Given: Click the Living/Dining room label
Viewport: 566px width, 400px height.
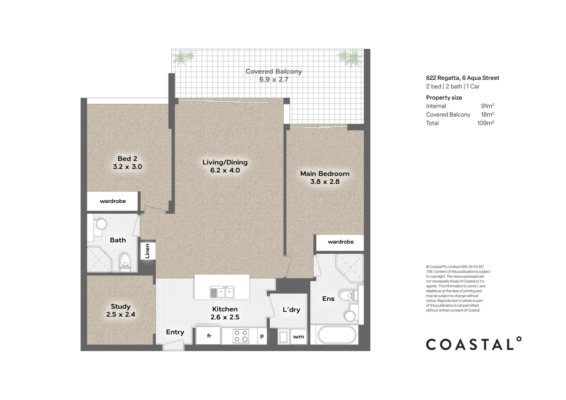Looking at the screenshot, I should [225, 162].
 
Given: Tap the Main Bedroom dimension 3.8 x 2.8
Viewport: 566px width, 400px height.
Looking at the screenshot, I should [324, 181].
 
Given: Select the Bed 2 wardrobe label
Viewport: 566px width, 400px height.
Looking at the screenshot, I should [113, 201].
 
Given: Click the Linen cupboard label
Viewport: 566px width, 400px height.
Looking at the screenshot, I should [147, 251].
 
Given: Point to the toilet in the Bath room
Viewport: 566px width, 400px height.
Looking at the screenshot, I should [125, 261].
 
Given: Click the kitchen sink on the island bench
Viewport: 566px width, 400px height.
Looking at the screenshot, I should [222, 292].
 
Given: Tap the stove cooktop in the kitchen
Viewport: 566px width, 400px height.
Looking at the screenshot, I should [241, 336].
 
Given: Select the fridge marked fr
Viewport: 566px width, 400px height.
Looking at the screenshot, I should [209, 336].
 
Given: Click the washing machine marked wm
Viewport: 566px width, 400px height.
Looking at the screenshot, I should [298, 337].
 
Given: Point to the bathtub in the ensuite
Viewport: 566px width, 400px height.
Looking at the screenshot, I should [337, 335].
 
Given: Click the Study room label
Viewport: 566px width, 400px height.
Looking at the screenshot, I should [121, 306].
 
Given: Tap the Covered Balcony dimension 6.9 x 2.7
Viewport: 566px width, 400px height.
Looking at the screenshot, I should [273, 79].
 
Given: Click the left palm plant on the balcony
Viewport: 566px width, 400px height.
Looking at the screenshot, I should [183, 57].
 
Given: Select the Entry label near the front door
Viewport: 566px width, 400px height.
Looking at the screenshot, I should [175, 332].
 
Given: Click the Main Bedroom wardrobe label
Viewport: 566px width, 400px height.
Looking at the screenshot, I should [341, 242].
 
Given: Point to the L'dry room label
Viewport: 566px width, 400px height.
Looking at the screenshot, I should [291, 310].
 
